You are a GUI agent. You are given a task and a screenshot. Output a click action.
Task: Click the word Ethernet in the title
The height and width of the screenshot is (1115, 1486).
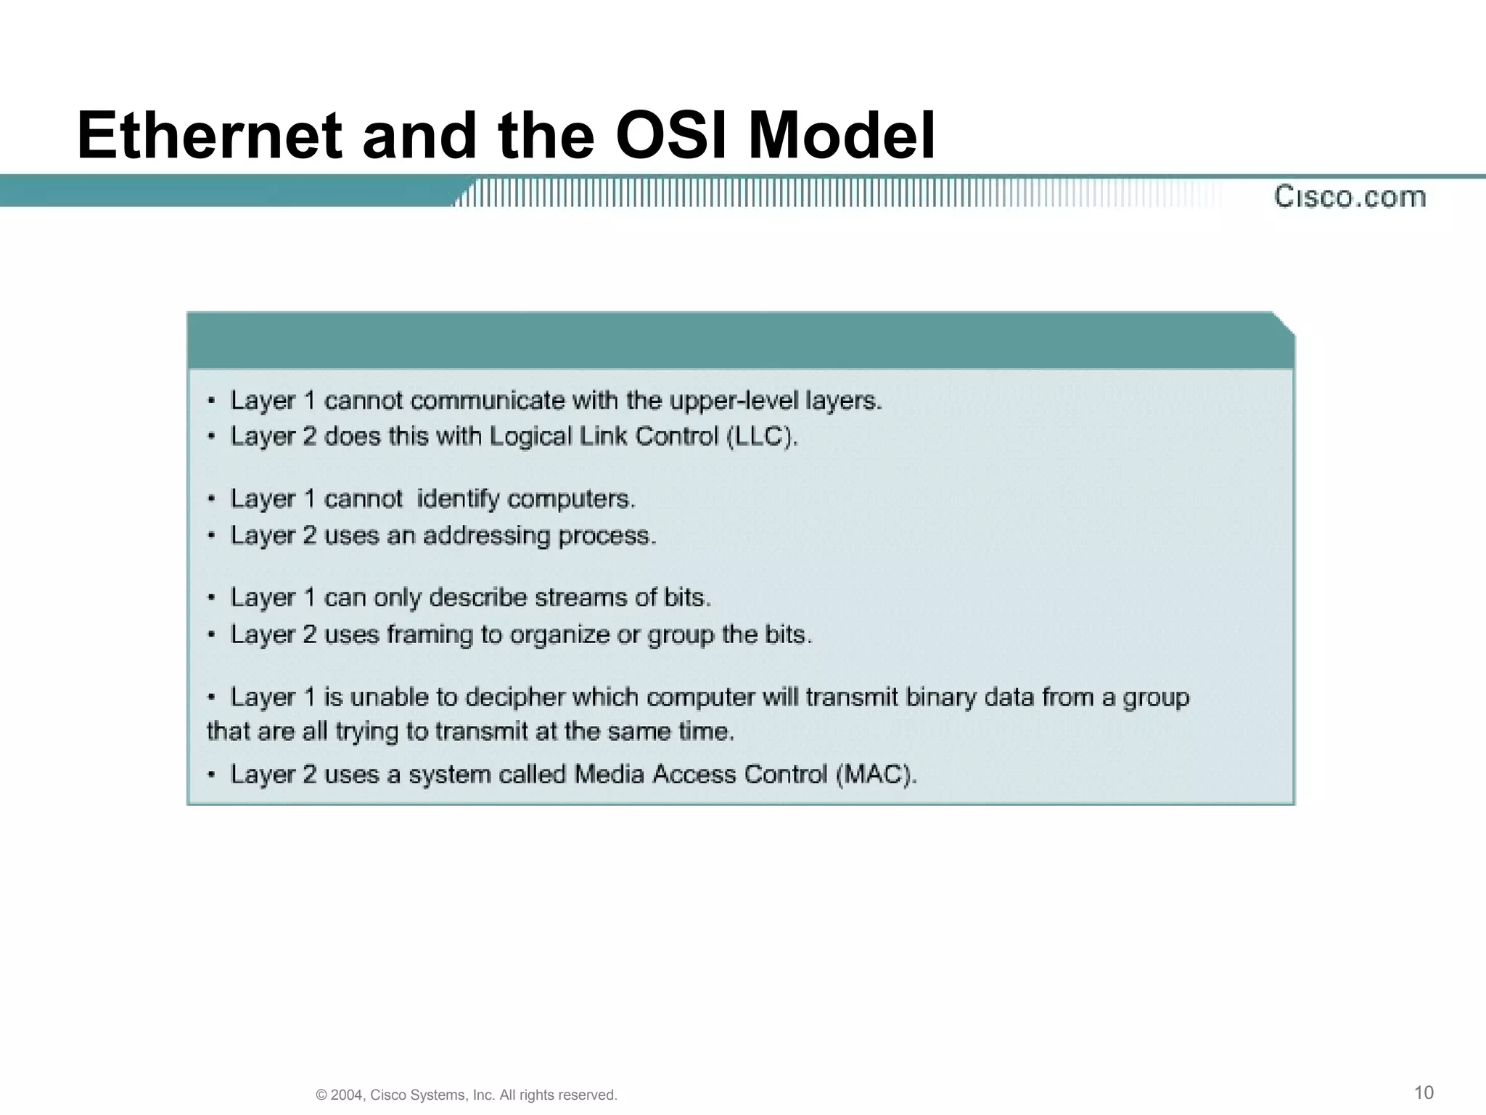pos(209,136)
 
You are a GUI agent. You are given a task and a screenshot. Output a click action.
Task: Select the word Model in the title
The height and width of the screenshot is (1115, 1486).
pos(842,136)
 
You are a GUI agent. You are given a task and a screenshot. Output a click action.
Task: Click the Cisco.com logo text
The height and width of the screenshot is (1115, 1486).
pos(1350,197)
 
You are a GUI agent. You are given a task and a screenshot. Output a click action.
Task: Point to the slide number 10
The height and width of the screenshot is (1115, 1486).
pos(1424,1092)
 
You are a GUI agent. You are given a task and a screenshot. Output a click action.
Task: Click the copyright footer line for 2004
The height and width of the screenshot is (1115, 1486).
pos(467,1095)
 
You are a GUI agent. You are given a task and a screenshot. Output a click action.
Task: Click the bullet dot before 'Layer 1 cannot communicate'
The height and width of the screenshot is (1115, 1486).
pos(211,401)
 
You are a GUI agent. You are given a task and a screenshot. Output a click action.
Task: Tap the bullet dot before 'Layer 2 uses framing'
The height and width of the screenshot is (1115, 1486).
pos(211,635)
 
